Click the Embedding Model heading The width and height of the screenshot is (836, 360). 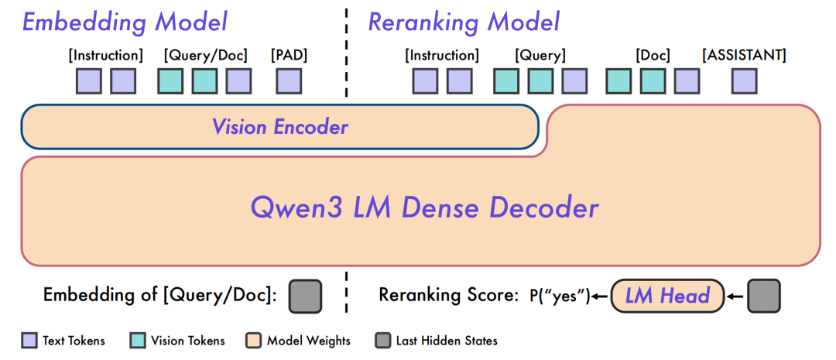(125, 23)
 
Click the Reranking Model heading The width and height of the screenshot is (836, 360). (464, 23)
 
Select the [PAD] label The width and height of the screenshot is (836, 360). (289, 55)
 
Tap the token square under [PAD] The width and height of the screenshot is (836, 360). (289, 81)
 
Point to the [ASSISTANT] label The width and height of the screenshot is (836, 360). (745, 55)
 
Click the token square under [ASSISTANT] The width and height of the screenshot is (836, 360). (745, 81)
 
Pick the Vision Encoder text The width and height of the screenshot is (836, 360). (280, 127)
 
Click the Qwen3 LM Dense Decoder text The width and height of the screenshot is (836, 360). (424, 208)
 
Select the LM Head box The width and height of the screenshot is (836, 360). (667, 296)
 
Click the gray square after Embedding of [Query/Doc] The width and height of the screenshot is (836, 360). (305, 296)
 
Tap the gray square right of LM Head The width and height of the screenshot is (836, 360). (763, 296)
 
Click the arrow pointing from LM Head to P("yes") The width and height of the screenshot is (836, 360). (601, 297)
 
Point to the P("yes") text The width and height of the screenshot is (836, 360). (560, 296)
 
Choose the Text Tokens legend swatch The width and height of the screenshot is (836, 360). (29, 341)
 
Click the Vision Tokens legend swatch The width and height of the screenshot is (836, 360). (138, 341)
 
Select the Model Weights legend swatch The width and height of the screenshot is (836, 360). (253, 341)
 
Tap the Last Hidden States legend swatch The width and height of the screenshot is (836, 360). (382, 341)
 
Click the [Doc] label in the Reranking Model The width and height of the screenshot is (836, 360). (653, 55)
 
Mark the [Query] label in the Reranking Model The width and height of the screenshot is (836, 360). (540, 55)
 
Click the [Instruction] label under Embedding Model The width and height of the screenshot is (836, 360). (105, 55)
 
